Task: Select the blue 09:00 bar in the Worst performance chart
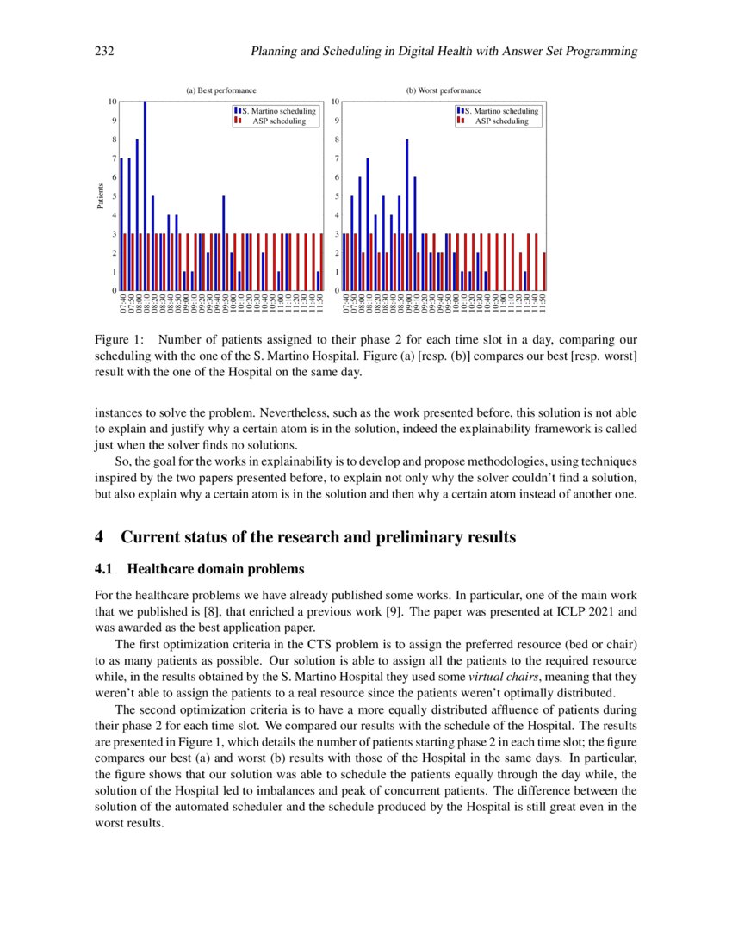point(407,215)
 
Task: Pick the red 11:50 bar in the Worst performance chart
point(544,271)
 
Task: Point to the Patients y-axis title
point(101,196)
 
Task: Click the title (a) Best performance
point(221,90)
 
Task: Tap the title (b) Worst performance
point(444,90)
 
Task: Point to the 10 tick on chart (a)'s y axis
point(112,102)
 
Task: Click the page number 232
point(104,52)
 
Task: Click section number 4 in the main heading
point(99,538)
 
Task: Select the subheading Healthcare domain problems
point(215,569)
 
